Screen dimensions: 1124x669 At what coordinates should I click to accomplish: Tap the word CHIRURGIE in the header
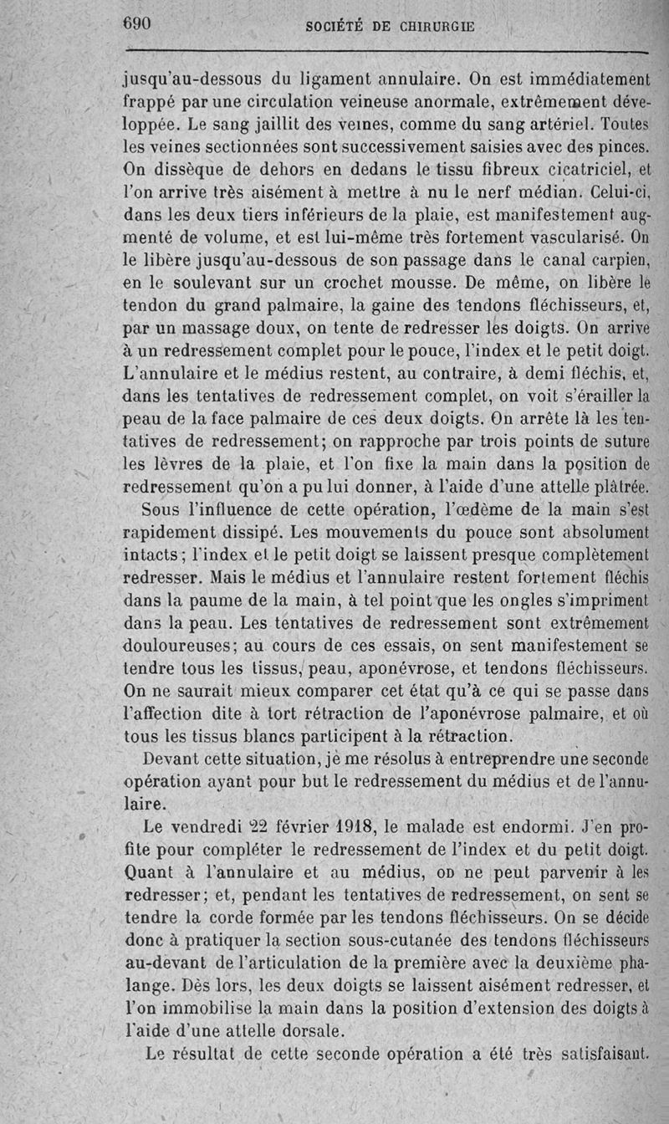point(432,26)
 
